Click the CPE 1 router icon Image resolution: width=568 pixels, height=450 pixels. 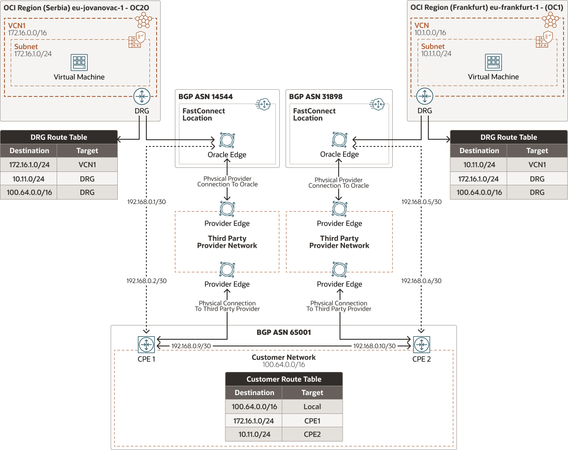(146, 345)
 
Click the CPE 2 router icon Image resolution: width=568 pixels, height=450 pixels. (422, 345)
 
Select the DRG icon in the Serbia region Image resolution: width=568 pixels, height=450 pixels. (142, 96)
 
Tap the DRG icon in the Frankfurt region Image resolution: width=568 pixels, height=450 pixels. (425, 96)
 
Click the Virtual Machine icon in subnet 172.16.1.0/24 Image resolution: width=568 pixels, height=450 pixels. (79, 62)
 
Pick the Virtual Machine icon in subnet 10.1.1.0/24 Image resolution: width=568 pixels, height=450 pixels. (493, 62)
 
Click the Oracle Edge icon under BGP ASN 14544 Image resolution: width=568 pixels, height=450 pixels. (227, 140)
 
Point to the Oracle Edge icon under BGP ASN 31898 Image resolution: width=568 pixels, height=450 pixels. (340, 140)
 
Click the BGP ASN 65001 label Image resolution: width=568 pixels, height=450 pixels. (284, 332)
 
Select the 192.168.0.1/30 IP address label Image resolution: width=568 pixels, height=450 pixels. (146, 202)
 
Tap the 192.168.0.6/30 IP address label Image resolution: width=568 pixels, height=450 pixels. (421, 281)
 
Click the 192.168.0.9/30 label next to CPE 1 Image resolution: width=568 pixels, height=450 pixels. (191, 346)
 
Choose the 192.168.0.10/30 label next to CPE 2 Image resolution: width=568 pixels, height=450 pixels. (374, 346)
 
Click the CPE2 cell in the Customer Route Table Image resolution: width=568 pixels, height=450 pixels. (312, 434)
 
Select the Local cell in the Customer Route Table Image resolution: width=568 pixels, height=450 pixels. (312, 407)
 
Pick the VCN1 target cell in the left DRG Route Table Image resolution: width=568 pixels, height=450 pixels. (87, 165)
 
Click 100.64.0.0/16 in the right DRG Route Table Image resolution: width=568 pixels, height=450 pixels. (479, 192)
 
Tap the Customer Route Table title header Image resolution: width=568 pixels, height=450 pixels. (284, 379)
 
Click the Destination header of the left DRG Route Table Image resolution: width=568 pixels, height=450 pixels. (29, 151)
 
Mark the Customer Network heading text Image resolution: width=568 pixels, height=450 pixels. (284, 357)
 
